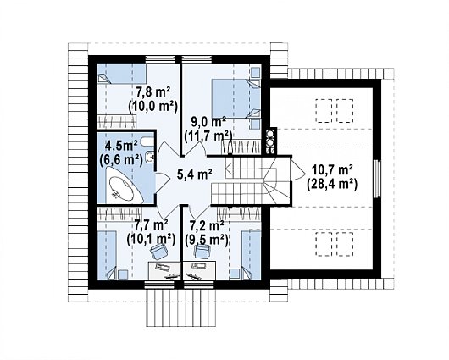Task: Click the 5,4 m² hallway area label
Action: coord(195,174)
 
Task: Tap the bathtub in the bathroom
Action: coord(123,187)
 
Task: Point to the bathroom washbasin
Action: coord(149,157)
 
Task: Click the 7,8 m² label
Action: coord(153,92)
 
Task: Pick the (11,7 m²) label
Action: coord(208,136)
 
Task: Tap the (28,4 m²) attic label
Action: coord(332,184)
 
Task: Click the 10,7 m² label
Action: coord(332,170)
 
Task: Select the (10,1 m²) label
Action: coord(151,239)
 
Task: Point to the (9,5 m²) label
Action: coord(207,240)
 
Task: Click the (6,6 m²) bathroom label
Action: coord(120,159)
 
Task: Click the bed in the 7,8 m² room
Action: coord(122,74)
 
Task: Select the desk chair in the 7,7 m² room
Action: coord(159,251)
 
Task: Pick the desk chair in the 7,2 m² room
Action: coord(202,252)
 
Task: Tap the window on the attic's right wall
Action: coord(377,179)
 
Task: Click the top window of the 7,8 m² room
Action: coord(160,59)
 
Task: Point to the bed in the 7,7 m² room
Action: coord(107,255)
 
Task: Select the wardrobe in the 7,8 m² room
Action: coord(116,122)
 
